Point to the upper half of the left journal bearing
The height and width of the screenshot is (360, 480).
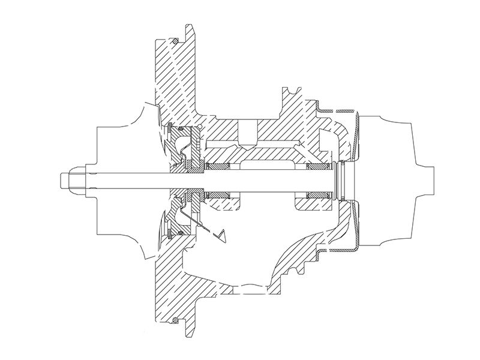tap(217, 166)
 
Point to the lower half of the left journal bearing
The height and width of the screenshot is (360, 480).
tap(217, 196)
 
